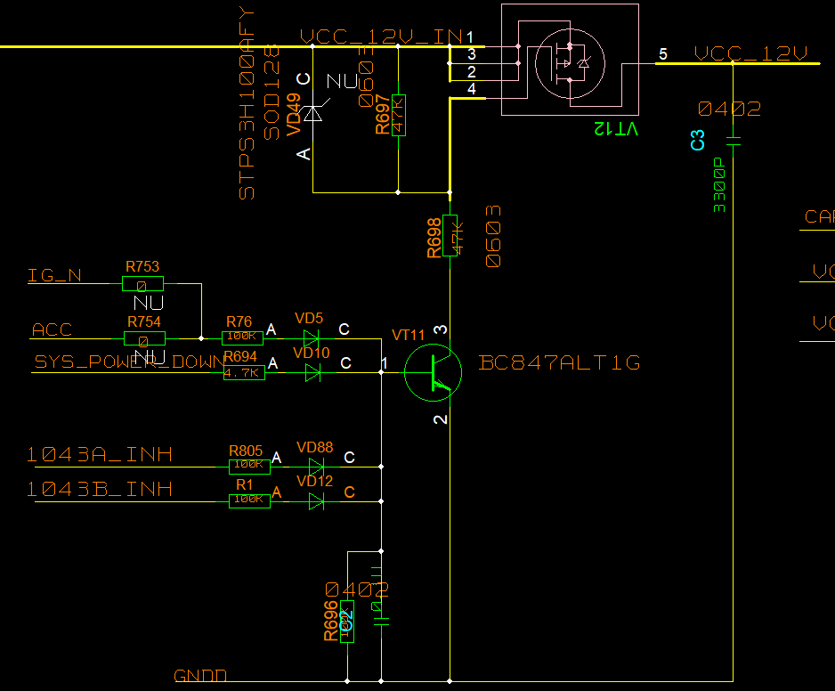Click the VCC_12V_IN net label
[381, 37]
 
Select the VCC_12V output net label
[750, 54]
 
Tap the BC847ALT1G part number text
[559, 363]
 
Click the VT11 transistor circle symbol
[433, 373]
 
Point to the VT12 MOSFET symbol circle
[569, 62]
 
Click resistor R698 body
[450, 235]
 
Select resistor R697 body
[398, 114]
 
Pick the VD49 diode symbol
[312, 114]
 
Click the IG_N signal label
[55, 276]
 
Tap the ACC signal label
[52, 330]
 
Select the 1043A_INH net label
[99, 455]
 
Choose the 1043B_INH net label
[99, 489]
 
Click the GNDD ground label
[200, 676]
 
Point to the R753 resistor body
[142, 284]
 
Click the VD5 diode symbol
[311, 338]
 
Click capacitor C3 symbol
[734, 141]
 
